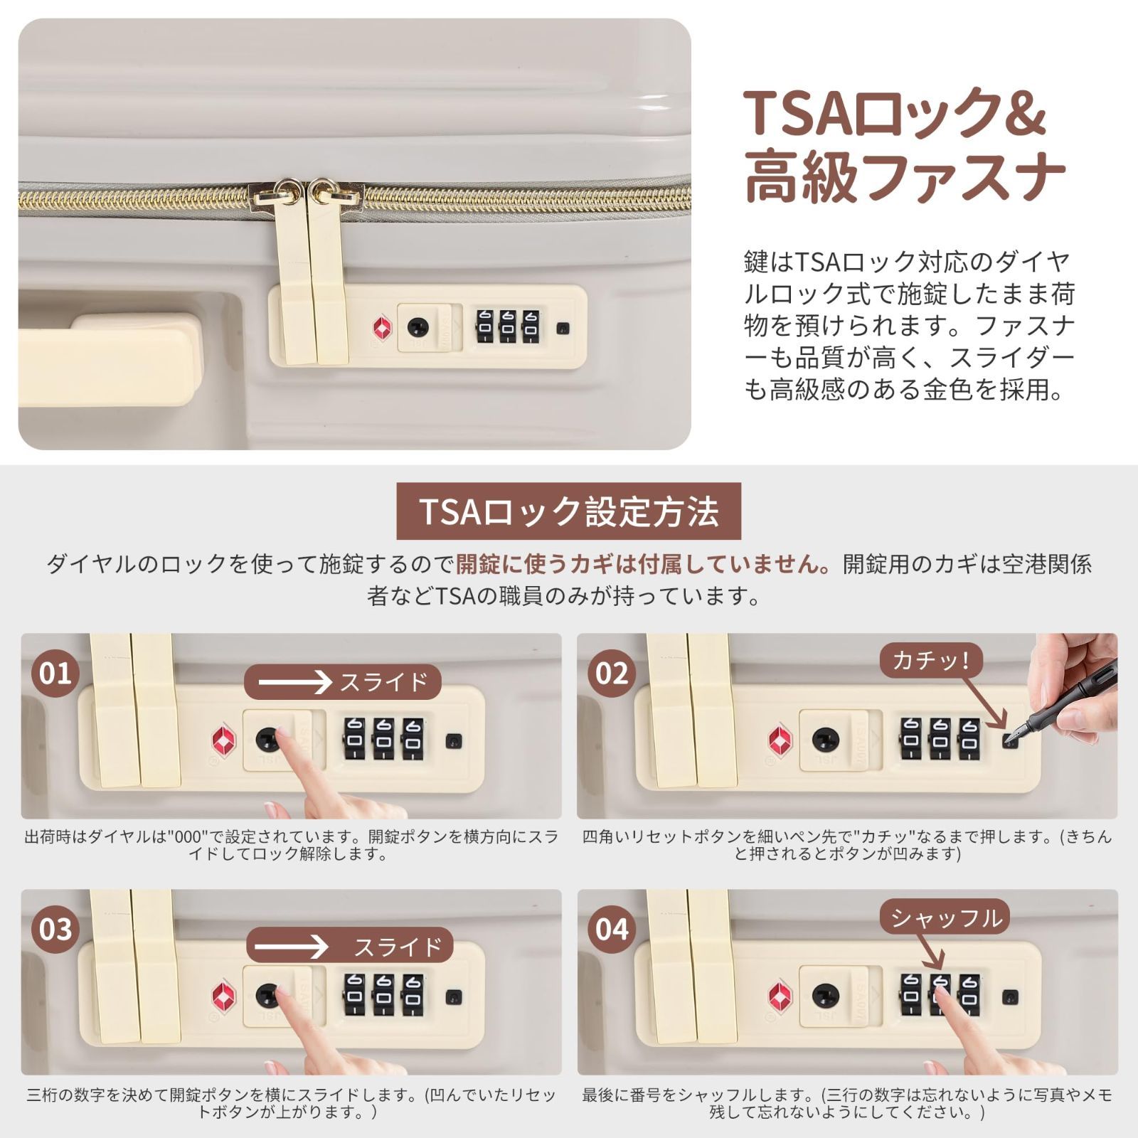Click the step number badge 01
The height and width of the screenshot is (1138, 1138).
55,672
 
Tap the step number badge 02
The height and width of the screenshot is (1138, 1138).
612,672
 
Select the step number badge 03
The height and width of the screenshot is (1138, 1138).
55,929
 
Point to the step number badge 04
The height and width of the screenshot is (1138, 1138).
612,929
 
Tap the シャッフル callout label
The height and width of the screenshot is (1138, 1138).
945,918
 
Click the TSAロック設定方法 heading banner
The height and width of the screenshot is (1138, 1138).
568,511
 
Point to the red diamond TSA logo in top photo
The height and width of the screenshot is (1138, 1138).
383,328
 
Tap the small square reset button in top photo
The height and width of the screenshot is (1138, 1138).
563,329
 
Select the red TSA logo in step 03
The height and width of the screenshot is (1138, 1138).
222,995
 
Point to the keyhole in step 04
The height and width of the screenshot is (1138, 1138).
825,994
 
